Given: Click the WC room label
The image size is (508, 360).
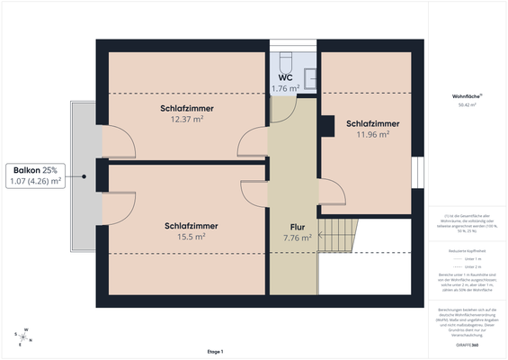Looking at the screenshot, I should tap(284, 77).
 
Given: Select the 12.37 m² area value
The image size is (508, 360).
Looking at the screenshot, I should tap(187, 119).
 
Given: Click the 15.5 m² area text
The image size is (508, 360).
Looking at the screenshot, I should tap(192, 237).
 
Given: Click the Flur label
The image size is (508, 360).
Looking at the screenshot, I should tap(298, 227).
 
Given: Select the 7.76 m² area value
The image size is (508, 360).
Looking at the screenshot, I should tap(298, 238).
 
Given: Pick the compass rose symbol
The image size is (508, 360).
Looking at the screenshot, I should tap(26, 337).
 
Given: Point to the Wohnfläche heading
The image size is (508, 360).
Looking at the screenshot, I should tap(467, 95).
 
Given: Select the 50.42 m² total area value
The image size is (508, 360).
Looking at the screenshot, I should tap(467, 105).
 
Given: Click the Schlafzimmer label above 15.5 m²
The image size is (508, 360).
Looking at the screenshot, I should tap(192, 226).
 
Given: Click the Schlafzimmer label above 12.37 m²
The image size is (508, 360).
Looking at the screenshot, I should tap(187, 108).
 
